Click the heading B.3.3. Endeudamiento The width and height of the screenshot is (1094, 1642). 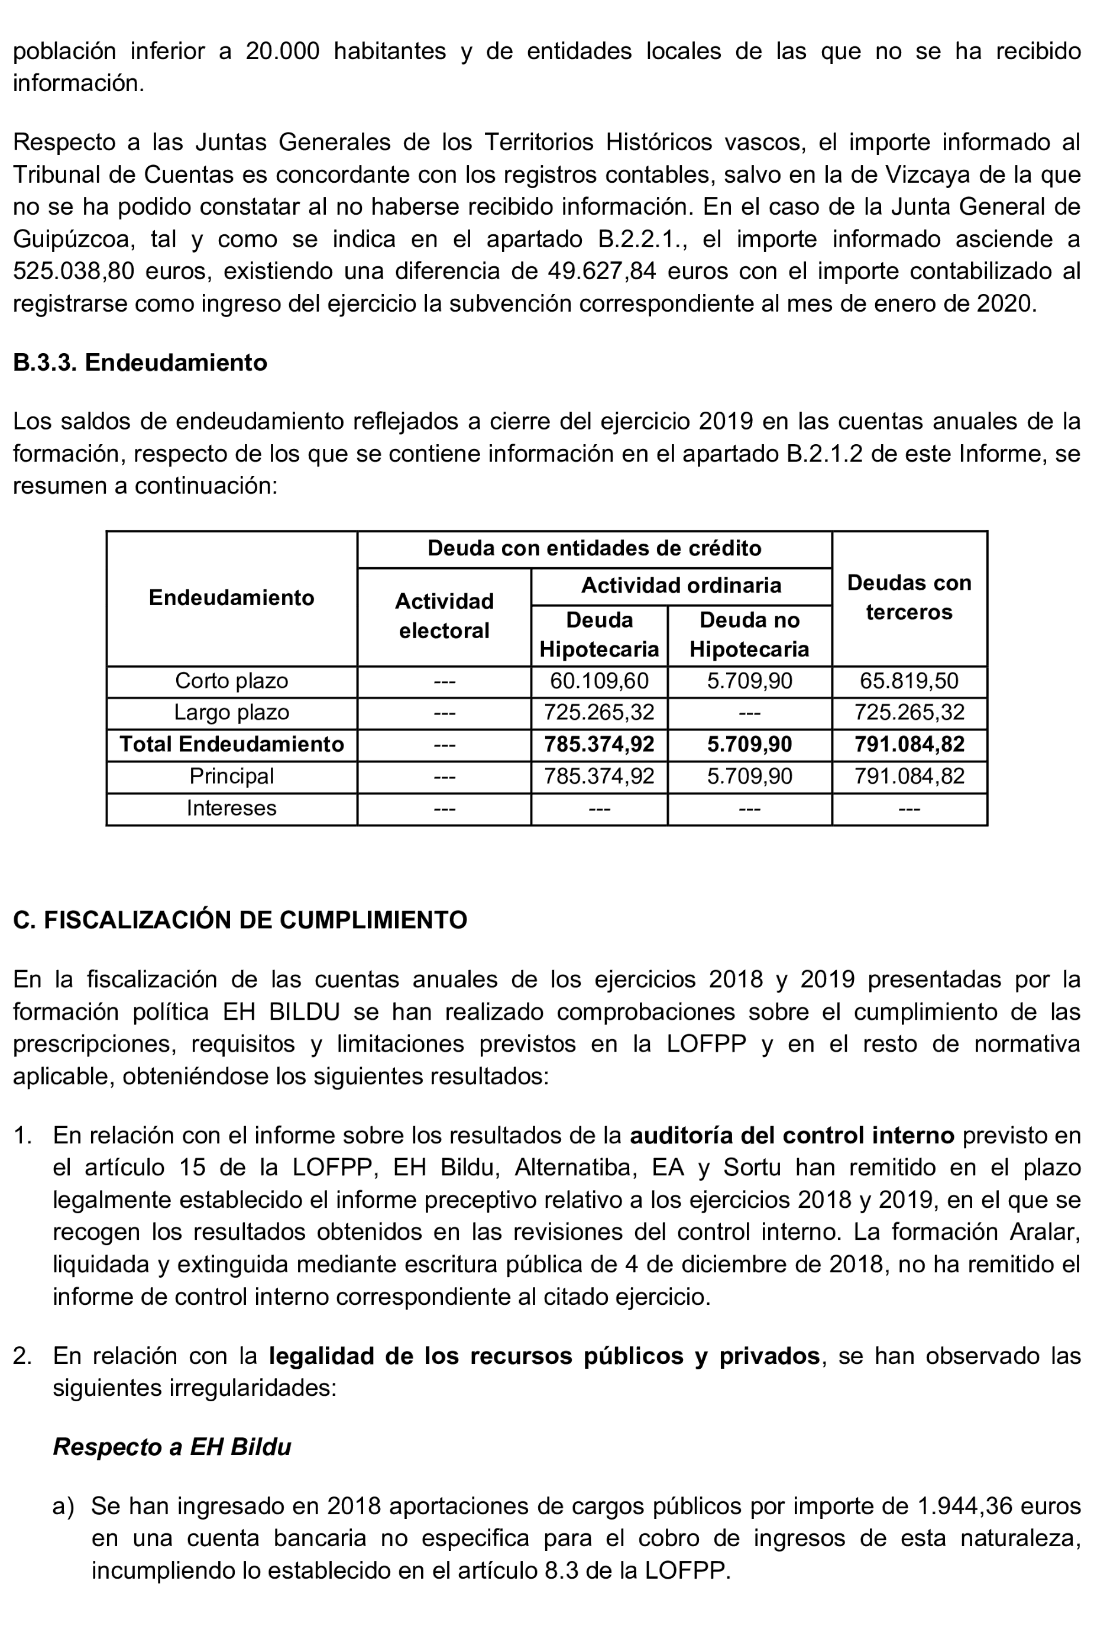click(140, 363)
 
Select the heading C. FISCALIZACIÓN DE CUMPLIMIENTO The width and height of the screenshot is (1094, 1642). click(240, 920)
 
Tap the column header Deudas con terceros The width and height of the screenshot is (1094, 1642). click(908, 597)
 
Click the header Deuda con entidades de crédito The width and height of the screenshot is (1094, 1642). click(594, 548)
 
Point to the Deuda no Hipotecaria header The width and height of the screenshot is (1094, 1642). click(749, 634)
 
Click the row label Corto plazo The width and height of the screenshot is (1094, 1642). click(231, 680)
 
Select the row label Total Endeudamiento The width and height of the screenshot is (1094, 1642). click(231, 744)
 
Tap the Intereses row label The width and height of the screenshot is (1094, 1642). click(231, 808)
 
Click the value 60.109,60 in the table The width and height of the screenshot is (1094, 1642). click(598, 680)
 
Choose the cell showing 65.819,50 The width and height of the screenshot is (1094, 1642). click(908, 680)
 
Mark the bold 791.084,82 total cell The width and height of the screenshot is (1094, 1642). click(908, 744)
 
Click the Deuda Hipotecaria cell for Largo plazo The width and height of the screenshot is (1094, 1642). click(598, 713)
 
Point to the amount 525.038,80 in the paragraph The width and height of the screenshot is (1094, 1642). click(73, 271)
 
